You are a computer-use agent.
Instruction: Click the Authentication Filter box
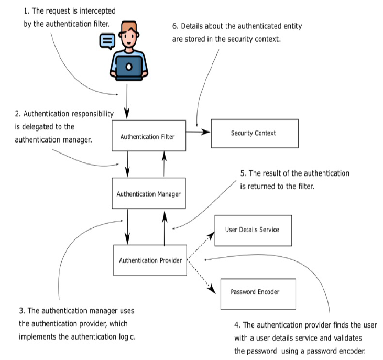[147, 137]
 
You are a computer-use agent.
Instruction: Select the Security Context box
[254, 133]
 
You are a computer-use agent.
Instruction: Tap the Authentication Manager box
[148, 193]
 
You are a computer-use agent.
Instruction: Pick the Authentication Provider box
[150, 260]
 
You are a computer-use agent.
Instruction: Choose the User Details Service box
[253, 230]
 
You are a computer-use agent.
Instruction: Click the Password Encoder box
[255, 291]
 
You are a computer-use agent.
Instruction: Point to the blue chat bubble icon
[107, 40]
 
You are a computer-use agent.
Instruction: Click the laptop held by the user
[128, 66]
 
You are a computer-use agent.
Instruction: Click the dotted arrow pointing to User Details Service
[201, 244]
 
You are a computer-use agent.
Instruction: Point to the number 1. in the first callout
[27, 10]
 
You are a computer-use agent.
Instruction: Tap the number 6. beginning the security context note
[176, 26]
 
